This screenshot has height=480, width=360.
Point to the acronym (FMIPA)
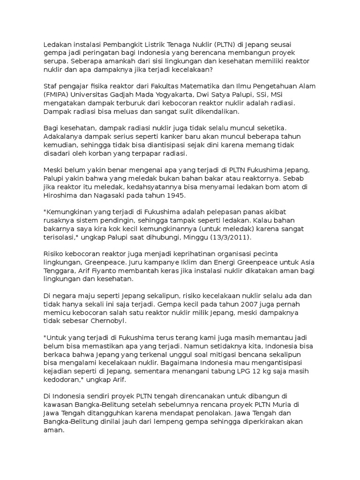[x=56, y=95]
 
